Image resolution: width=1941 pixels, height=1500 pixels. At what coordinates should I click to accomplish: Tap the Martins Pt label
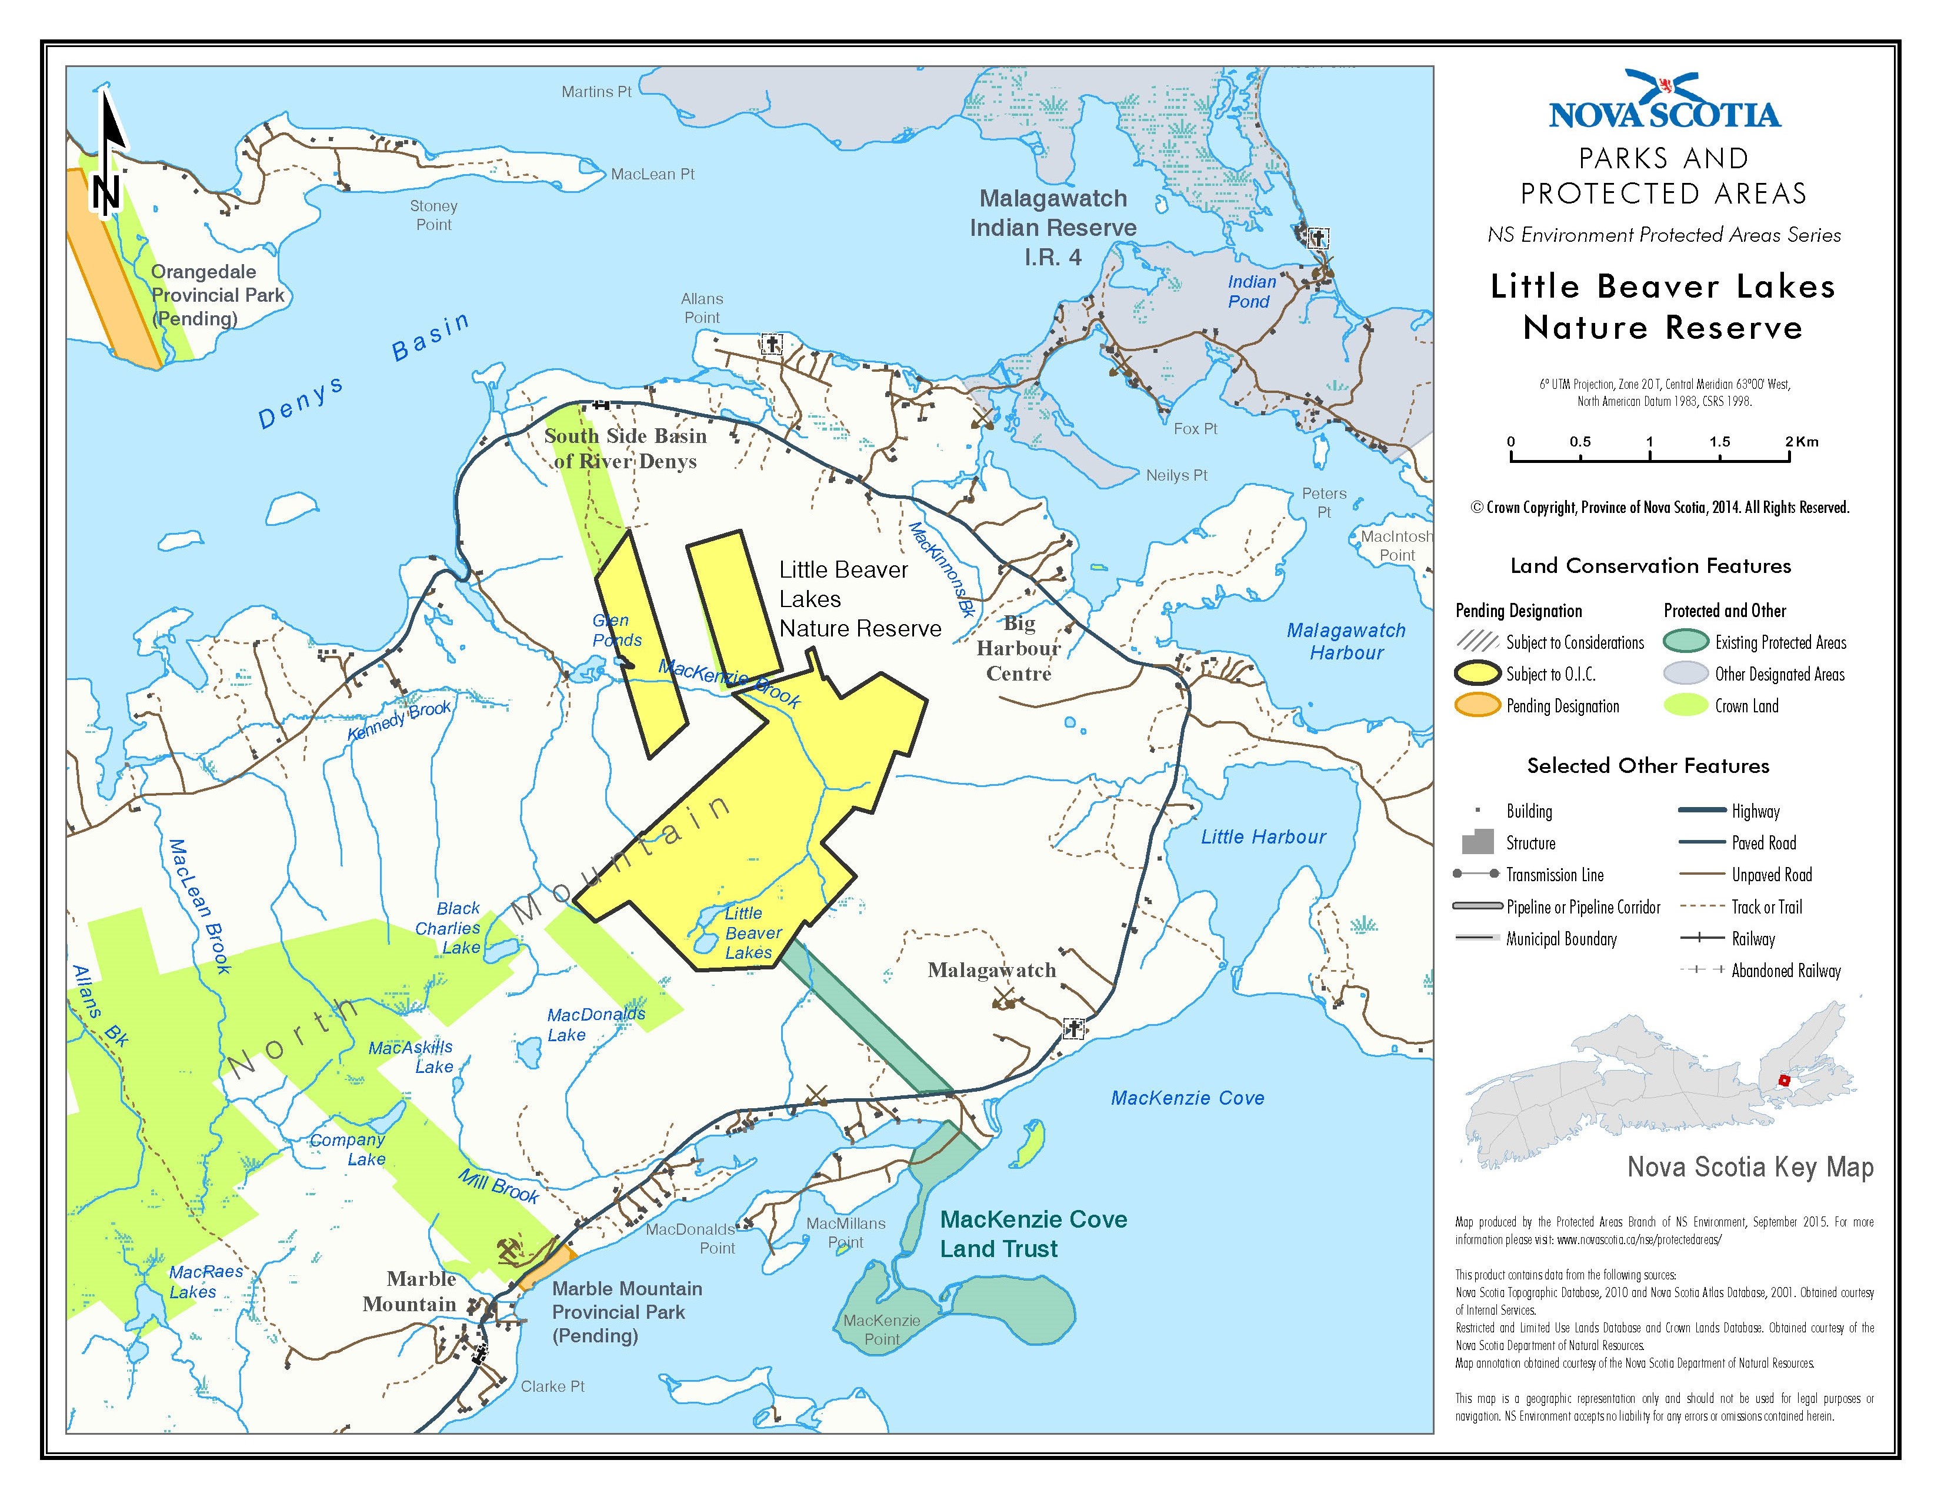596,92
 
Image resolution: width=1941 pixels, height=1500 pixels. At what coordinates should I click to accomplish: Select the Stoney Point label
433,215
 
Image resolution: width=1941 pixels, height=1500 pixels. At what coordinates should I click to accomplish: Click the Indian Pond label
1251,291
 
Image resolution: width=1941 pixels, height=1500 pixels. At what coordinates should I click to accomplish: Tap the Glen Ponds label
616,630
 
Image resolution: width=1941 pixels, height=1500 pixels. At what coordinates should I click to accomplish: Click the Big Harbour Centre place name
1019,649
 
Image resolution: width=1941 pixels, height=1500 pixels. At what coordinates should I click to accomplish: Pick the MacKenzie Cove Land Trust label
1033,1234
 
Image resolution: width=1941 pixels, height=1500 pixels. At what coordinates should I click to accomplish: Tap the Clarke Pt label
552,1386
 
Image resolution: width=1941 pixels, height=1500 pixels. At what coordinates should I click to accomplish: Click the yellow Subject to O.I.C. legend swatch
1477,674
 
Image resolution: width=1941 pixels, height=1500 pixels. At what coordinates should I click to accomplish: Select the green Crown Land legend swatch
1685,705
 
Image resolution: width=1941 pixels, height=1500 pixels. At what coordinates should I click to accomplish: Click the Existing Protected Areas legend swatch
1685,642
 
